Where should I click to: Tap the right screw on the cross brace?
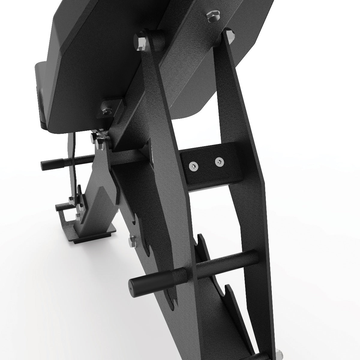219,161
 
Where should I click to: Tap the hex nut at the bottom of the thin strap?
72,199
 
